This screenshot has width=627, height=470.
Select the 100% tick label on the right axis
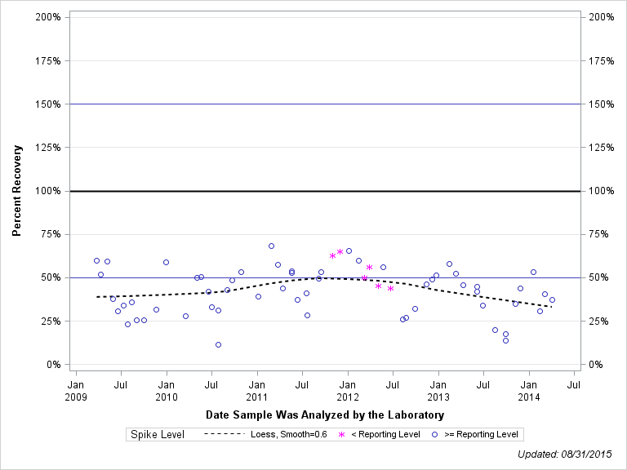pos(602,191)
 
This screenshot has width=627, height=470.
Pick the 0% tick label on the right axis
pos(595,365)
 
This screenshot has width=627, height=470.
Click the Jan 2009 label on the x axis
pos(75,390)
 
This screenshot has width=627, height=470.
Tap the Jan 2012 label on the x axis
pos(348,390)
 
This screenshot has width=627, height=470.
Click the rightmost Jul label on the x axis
pos(574,384)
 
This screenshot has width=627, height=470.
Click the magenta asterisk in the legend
pos(342,434)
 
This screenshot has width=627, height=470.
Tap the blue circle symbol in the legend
pos(435,434)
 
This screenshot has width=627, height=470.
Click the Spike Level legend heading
pos(158,434)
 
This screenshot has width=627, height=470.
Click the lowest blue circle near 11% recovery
pos(218,344)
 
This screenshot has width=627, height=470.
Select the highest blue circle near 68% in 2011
pos(271,246)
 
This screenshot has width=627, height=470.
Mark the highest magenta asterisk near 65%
pos(340,252)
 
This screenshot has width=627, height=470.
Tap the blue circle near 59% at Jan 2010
pos(166,262)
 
